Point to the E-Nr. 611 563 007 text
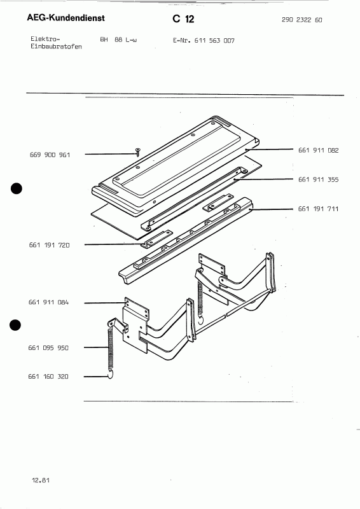tap(204, 40)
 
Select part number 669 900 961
tap(50, 155)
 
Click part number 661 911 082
tap(318, 150)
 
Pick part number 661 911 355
tap(318, 180)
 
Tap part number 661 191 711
tap(318, 209)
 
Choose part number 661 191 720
tap(50, 244)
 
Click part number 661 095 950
tap(50, 347)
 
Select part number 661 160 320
tap(50, 377)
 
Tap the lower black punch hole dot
tap(17, 324)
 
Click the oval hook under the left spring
tap(109, 377)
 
